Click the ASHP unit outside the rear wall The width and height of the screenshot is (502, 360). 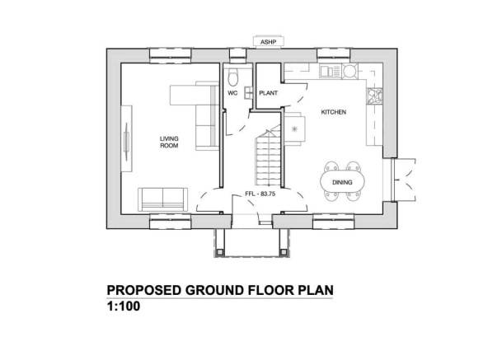(x=266, y=40)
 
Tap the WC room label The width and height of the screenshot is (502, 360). (x=233, y=93)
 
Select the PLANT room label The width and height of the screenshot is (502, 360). (x=268, y=93)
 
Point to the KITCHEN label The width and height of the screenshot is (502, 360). (x=333, y=111)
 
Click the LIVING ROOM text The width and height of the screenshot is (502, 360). (x=169, y=142)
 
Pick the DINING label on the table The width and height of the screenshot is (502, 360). (x=342, y=181)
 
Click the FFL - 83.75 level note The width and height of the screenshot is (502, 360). (x=259, y=194)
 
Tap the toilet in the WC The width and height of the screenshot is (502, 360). (x=235, y=77)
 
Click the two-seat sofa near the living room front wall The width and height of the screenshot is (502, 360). (x=162, y=198)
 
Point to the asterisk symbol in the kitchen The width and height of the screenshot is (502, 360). (x=294, y=128)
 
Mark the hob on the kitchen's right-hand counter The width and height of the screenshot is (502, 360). (x=377, y=97)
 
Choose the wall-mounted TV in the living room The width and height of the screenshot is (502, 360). (x=127, y=147)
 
